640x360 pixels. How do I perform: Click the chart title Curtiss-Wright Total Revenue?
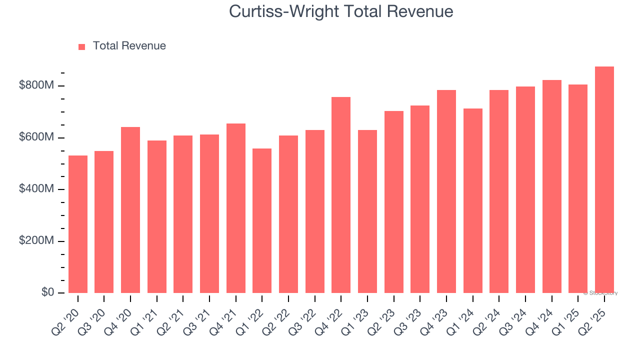click(341, 11)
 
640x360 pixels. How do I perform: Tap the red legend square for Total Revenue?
click(82, 46)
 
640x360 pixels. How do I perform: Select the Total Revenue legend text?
click(129, 46)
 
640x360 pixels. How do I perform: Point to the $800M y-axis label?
click(36, 86)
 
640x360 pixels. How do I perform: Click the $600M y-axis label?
click(36, 137)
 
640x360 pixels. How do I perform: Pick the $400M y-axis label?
click(36, 189)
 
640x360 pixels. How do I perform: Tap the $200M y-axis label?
click(36, 241)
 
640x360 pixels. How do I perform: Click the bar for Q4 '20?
click(130, 210)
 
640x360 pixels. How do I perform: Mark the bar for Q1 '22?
click(262, 220)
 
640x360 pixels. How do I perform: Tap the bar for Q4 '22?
click(341, 195)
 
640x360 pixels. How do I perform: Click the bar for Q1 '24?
click(473, 200)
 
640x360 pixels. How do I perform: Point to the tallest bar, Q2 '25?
click(604, 180)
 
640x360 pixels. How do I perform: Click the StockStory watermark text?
click(600, 293)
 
